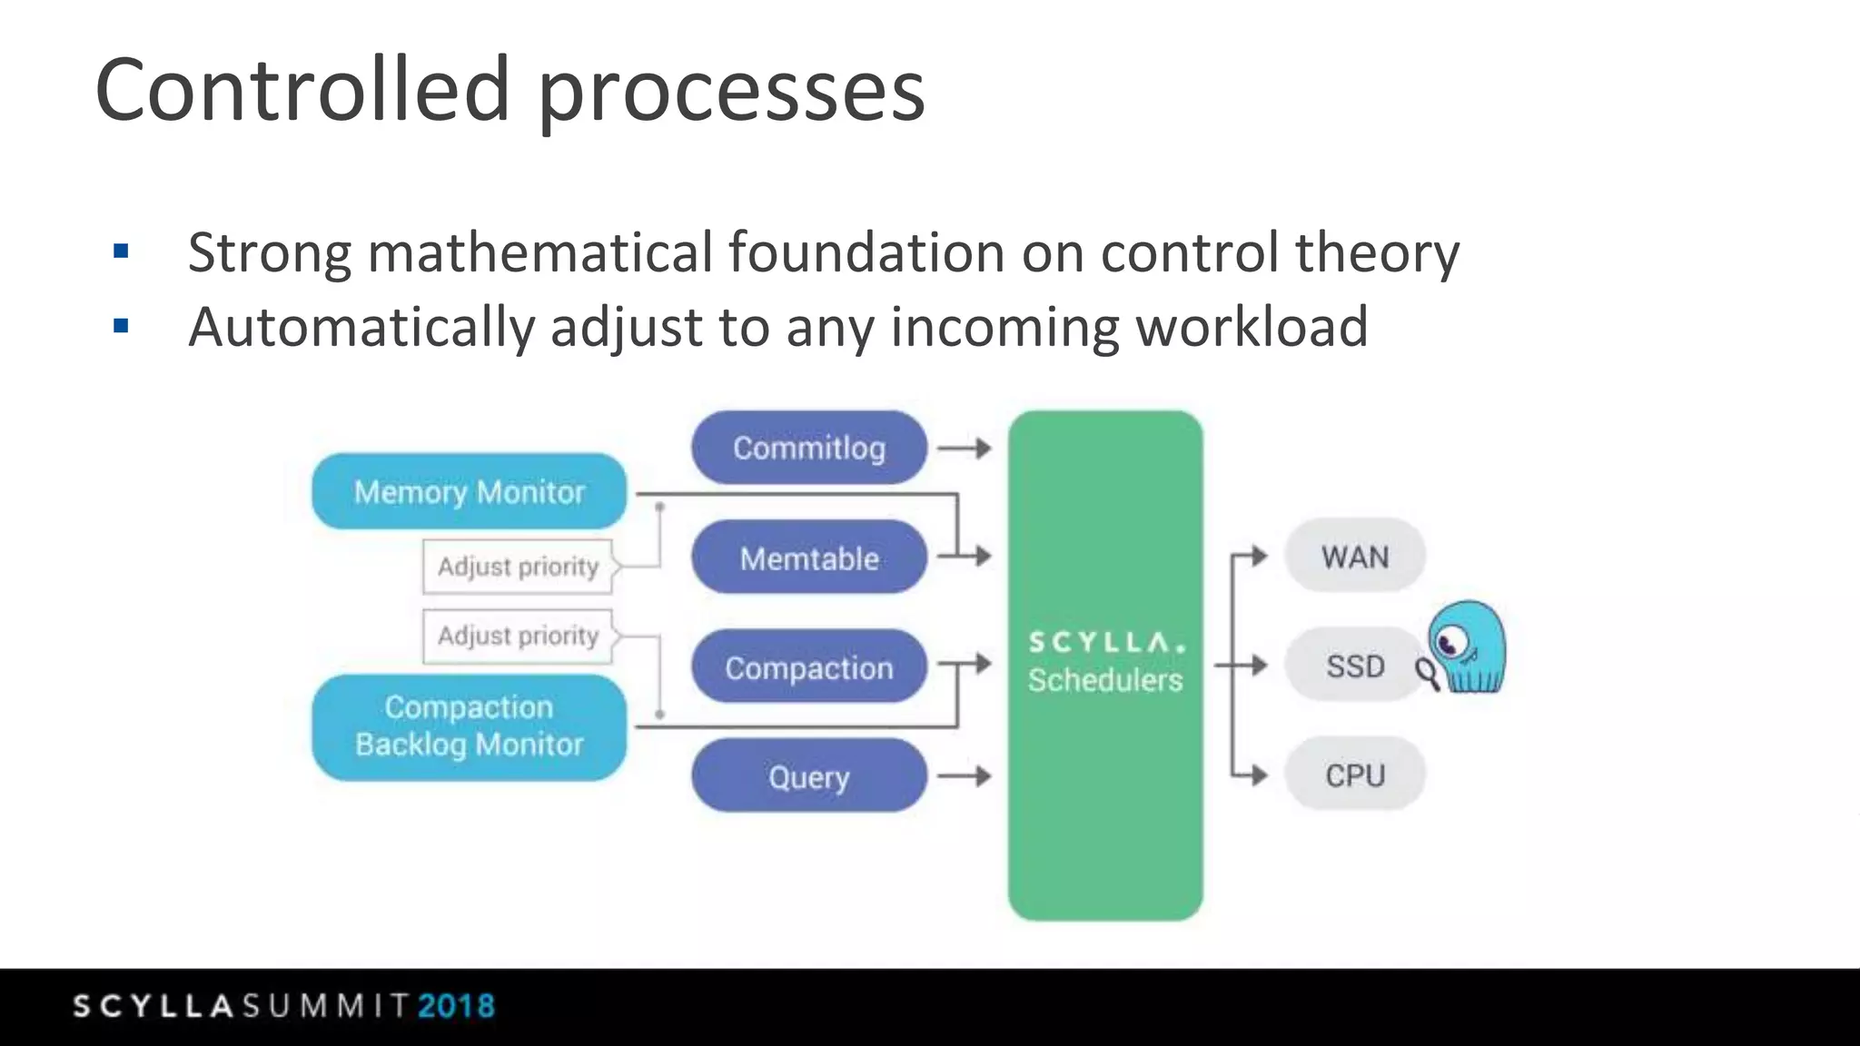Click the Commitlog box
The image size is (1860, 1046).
click(808, 448)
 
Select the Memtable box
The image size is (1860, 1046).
click(808, 558)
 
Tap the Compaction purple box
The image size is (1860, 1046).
click(808, 667)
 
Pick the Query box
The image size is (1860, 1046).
click(808, 776)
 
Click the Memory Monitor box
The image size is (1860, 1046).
click(469, 491)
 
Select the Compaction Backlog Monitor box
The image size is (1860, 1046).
click(469, 726)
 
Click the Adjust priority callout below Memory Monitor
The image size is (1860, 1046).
click(518, 567)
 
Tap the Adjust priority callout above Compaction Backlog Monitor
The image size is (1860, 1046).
click(518, 636)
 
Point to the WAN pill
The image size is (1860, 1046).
click(1354, 556)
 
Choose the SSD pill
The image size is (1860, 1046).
click(1354, 666)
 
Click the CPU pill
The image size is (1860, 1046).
click(1354, 775)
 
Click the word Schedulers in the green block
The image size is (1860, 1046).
click(1105, 680)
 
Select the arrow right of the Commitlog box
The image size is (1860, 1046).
click(965, 448)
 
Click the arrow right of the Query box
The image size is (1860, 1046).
click(965, 776)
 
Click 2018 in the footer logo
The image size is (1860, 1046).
click(457, 1006)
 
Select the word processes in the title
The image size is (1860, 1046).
click(731, 91)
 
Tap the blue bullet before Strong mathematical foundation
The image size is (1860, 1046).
click(121, 252)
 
